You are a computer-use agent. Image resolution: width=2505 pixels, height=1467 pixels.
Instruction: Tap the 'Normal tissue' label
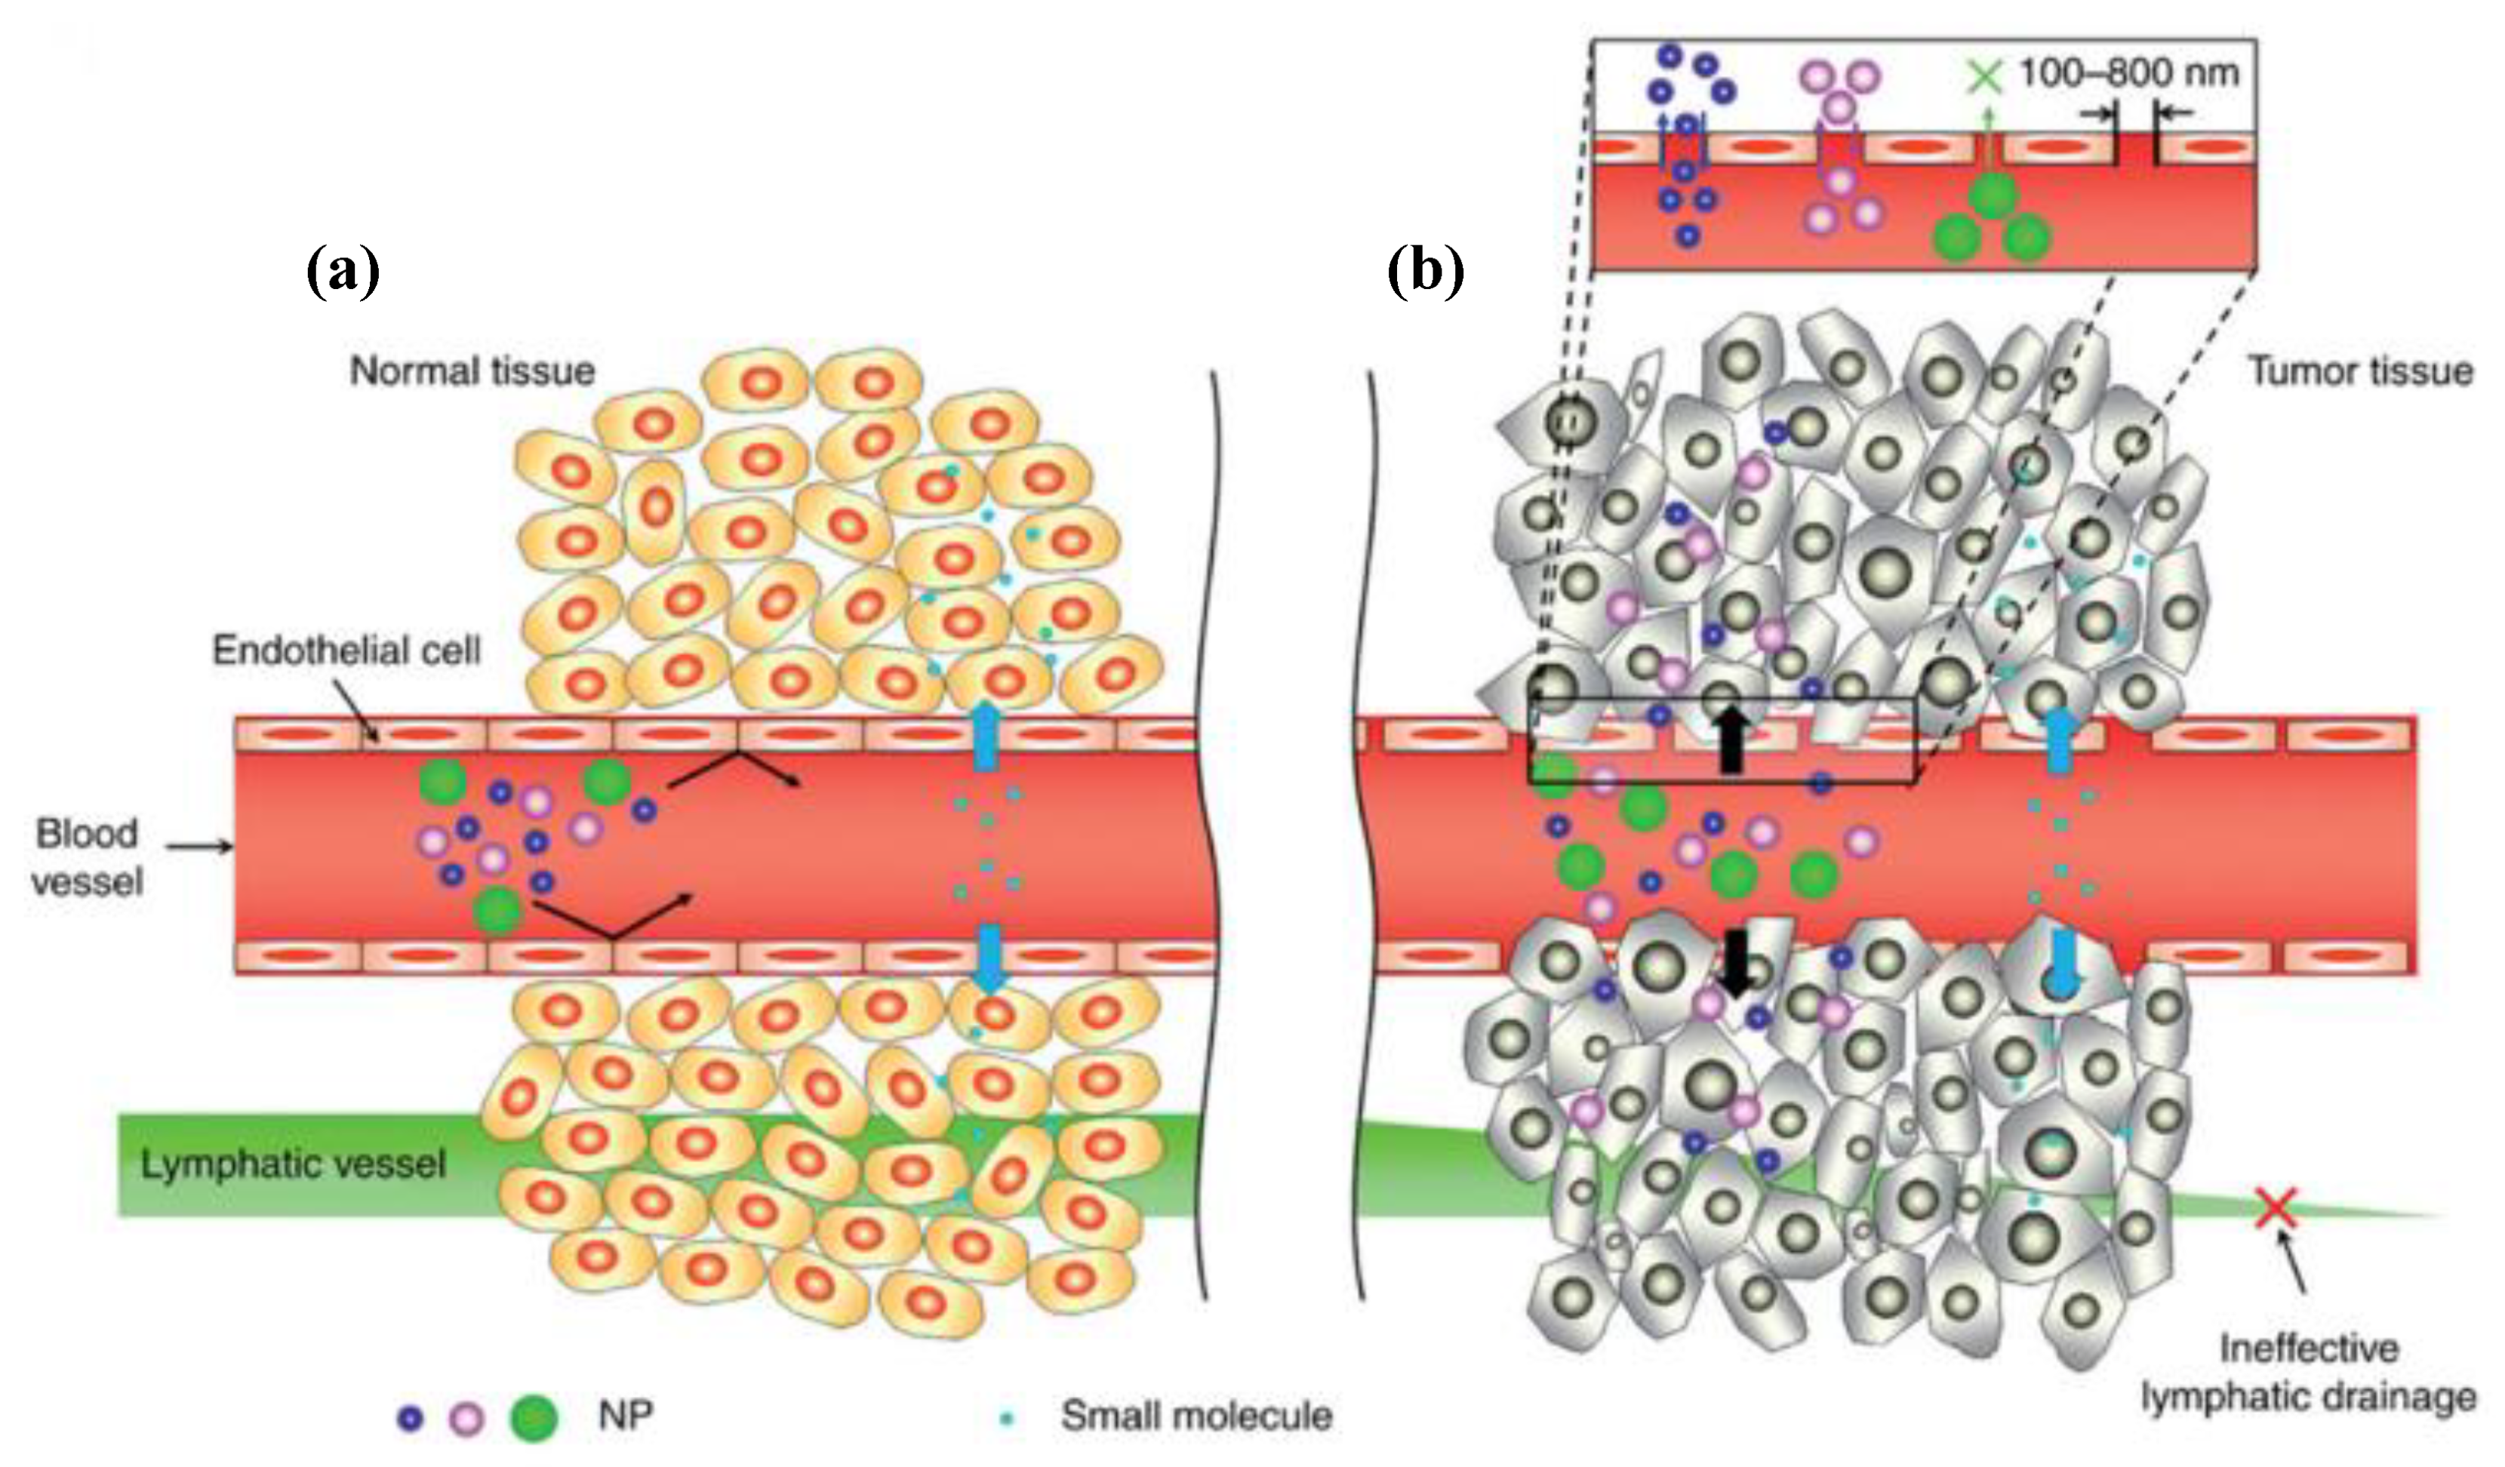tap(472, 372)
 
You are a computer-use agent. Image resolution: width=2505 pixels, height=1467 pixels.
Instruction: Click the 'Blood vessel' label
tap(88, 857)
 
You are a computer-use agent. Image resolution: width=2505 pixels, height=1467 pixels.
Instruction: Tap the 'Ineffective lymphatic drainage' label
tap(2308, 1373)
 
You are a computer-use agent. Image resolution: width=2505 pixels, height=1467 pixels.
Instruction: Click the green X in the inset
tap(1986, 76)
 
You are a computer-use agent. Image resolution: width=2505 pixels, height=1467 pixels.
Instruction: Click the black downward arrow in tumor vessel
tap(1736, 962)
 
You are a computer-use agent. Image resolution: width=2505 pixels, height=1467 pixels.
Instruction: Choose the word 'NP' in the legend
tap(625, 1416)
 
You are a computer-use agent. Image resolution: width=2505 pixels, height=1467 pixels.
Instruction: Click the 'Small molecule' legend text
tap(1196, 1416)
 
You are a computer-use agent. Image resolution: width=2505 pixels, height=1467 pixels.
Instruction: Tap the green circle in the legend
tap(533, 1418)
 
